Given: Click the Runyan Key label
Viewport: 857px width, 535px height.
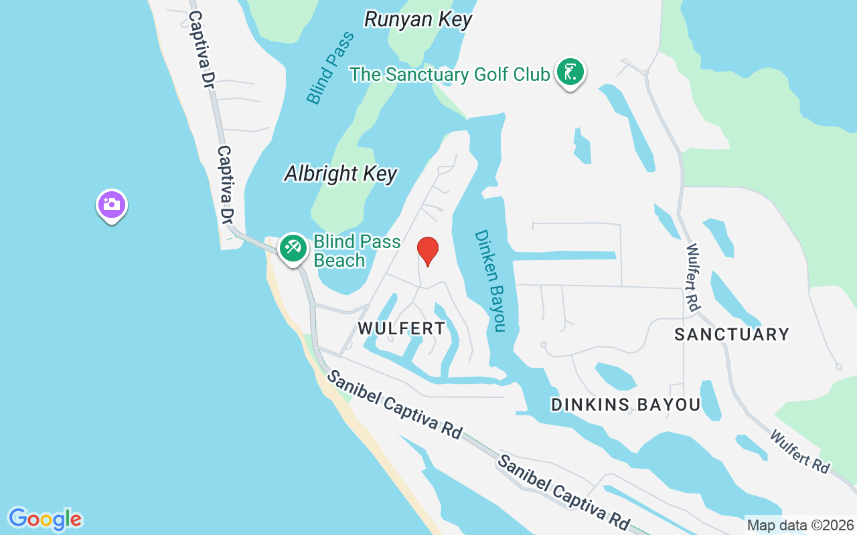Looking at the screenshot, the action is pyautogui.click(x=418, y=19).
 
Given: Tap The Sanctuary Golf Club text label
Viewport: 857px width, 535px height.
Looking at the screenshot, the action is pyautogui.click(x=449, y=74).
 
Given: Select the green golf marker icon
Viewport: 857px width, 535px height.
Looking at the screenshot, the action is pyautogui.click(x=569, y=72).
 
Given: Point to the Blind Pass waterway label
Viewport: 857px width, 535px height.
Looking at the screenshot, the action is pyautogui.click(x=330, y=67).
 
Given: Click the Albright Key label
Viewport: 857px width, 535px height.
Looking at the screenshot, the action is pyautogui.click(x=341, y=174).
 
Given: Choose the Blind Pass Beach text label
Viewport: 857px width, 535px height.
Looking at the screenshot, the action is pyautogui.click(x=357, y=251).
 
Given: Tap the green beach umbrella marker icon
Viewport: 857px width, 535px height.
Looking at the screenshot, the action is pyautogui.click(x=293, y=248).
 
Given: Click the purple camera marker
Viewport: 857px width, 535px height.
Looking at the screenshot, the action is pyautogui.click(x=112, y=205).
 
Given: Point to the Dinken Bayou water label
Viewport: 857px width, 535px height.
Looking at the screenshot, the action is pyautogui.click(x=489, y=280).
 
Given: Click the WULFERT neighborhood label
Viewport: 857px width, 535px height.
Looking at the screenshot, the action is pyautogui.click(x=401, y=328).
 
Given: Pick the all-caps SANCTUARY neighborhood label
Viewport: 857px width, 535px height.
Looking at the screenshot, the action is pyautogui.click(x=732, y=334).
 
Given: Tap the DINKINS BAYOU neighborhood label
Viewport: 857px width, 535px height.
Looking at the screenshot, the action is pyautogui.click(x=625, y=405).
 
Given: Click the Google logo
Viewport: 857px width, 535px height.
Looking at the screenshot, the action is pyautogui.click(x=45, y=518).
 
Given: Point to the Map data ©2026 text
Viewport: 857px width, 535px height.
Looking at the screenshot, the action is pyautogui.click(x=801, y=525).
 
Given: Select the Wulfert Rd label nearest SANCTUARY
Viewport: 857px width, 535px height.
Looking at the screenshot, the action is pyautogui.click(x=693, y=276).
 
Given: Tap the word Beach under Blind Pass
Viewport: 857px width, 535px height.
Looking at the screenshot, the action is pyautogui.click(x=339, y=260).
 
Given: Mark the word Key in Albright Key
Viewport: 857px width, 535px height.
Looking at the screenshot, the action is pyautogui.click(x=380, y=174).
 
